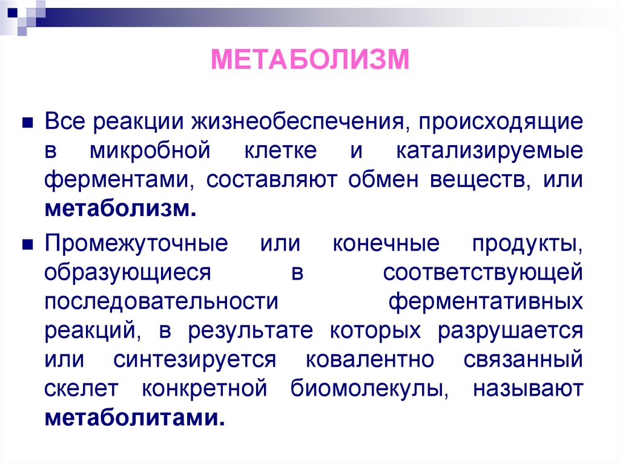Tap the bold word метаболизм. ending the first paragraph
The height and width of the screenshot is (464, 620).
[x=120, y=209]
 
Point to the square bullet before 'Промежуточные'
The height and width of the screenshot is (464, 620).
[x=27, y=244]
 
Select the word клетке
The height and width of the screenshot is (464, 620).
[x=280, y=151]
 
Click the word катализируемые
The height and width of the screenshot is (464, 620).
[x=490, y=151]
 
